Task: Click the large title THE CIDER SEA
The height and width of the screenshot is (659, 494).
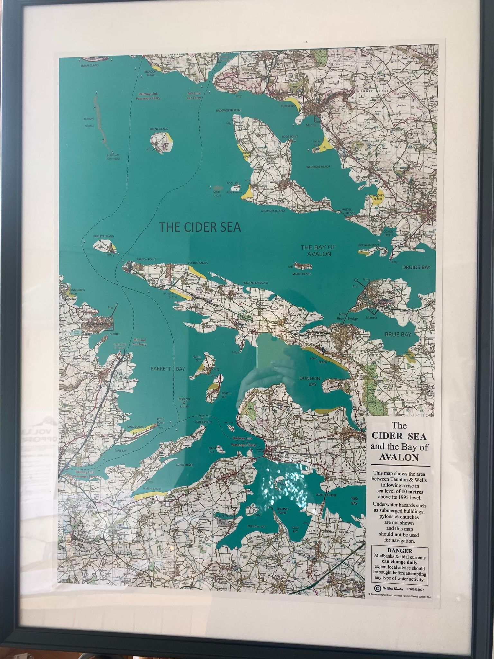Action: [x=200, y=227]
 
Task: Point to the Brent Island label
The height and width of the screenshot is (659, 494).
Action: [x=159, y=129]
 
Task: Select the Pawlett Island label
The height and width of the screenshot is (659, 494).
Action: [x=104, y=237]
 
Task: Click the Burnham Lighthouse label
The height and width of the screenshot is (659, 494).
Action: [x=114, y=157]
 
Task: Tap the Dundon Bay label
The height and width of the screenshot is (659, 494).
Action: [x=310, y=381]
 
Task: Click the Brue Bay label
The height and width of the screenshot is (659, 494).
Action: [x=398, y=335]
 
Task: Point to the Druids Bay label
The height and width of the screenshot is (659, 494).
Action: [x=416, y=267]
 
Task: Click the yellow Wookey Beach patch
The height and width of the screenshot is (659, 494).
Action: [x=377, y=199]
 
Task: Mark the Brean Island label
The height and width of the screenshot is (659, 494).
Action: [x=89, y=65]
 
